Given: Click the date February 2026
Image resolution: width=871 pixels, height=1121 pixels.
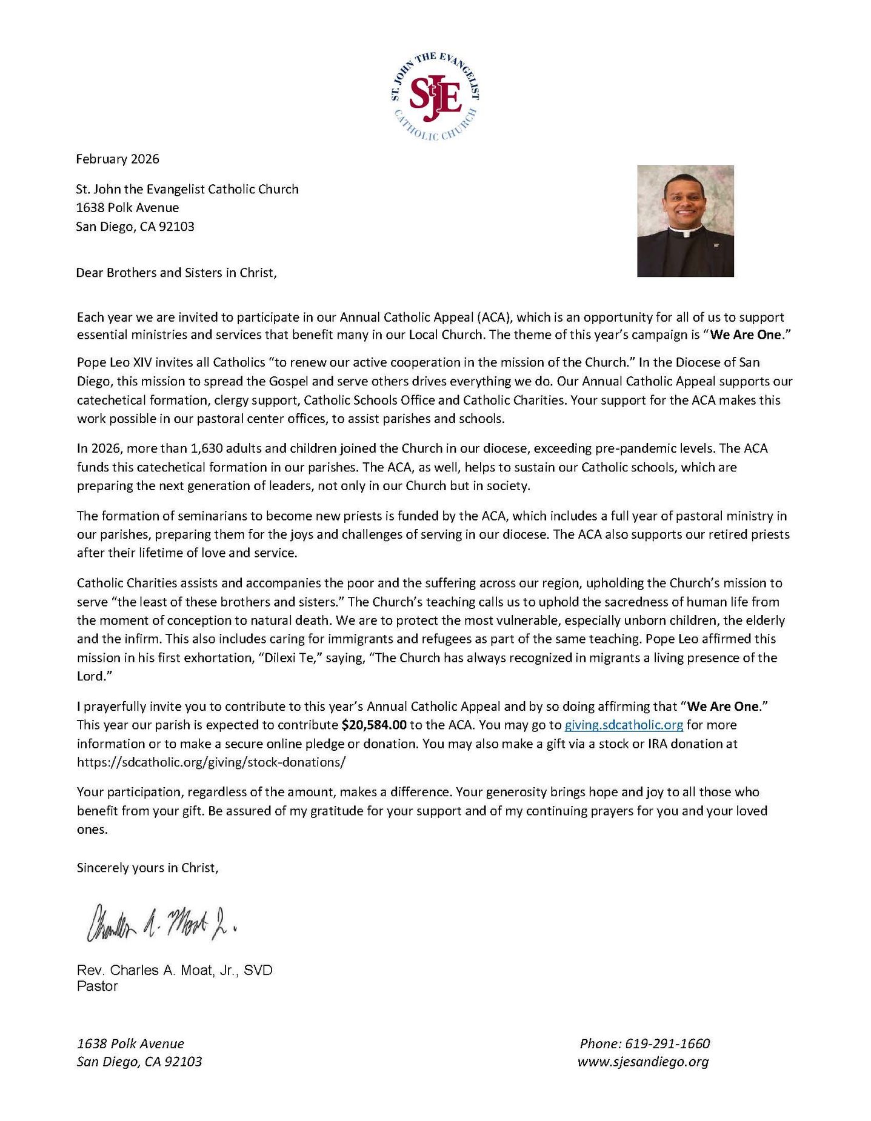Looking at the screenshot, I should (118, 159).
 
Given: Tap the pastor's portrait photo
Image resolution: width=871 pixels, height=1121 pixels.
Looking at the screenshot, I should (685, 221).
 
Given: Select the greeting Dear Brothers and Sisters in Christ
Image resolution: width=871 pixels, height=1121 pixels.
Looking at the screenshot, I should (176, 273).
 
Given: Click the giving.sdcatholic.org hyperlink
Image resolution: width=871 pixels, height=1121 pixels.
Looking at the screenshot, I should (624, 725).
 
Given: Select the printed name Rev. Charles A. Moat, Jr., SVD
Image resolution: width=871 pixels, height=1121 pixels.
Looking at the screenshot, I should (175, 970).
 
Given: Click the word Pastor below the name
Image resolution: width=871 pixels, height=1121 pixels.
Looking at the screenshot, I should (97, 986).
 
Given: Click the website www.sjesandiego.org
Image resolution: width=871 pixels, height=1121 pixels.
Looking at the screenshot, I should (643, 1062).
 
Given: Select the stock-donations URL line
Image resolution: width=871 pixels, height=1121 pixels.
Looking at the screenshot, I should (211, 762).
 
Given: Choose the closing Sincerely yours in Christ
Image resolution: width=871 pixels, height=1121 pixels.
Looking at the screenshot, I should (147, 868).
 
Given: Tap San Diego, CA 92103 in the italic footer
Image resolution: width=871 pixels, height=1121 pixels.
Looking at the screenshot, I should (139, 1062).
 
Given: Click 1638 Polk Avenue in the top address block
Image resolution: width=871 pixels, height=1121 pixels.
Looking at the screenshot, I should (127, 208).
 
